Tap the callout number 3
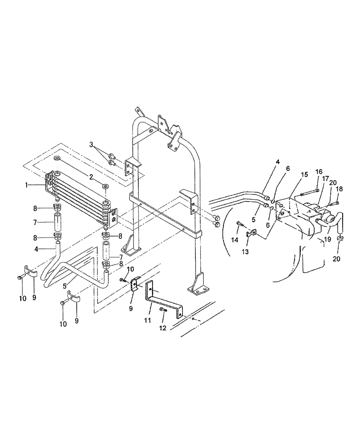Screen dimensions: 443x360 tap(92, 145)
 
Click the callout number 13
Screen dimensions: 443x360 tap(247, 251)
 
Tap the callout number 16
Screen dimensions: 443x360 tap(319, 171)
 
